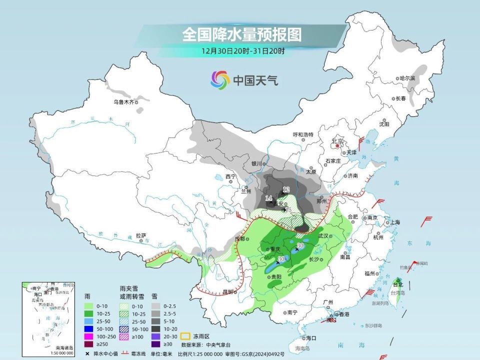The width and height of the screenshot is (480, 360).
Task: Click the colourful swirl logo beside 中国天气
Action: click(x=220, y=79)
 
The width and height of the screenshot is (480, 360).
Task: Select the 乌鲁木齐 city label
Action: click(x=123, y=102)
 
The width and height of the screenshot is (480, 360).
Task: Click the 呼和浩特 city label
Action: click(x=302, y=134)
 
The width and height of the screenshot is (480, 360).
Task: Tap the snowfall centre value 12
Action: click(x=286, y=189)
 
